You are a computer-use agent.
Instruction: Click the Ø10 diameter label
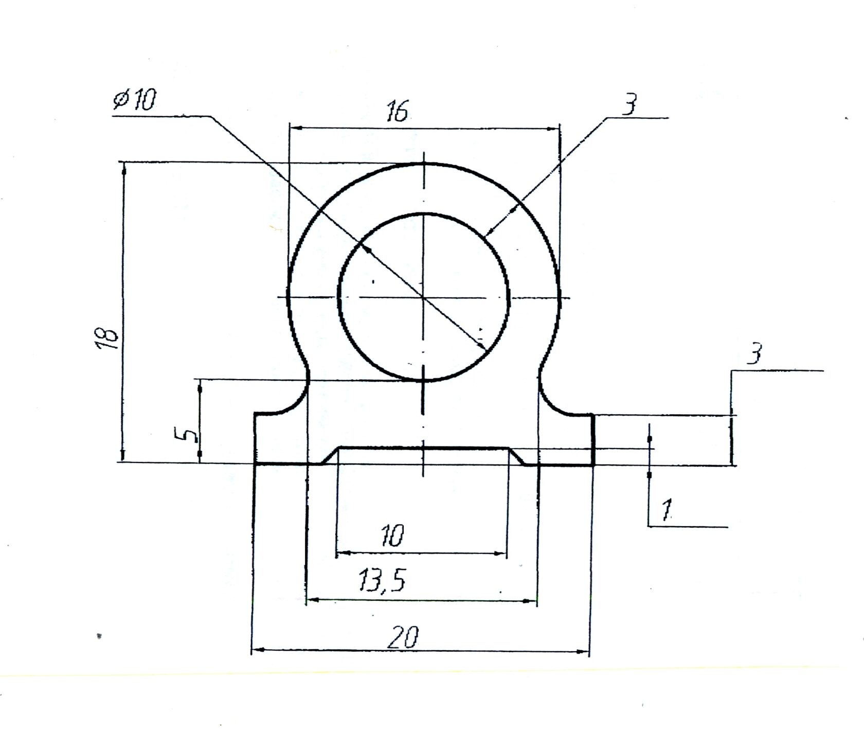click(134, 100)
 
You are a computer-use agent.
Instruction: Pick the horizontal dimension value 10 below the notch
click(392, 535)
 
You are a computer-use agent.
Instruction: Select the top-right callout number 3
click(629, 104)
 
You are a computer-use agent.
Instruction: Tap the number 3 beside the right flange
click(754, 354)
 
